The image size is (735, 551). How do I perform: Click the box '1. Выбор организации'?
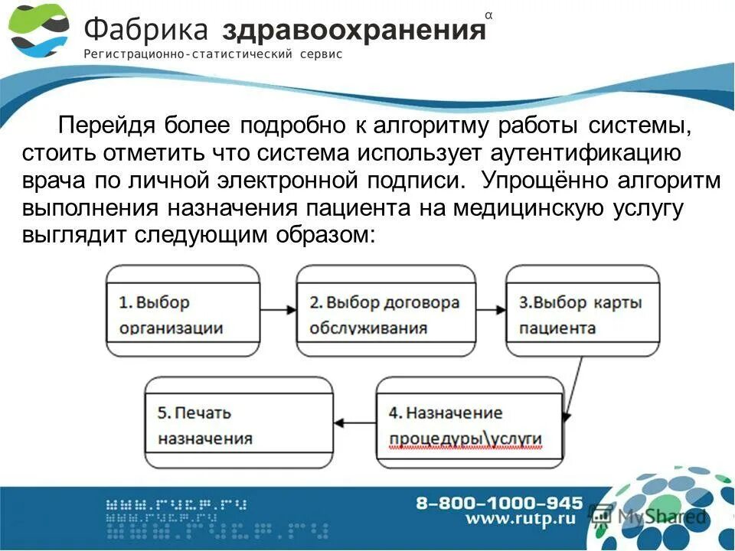pyautogui.click(x=184, y=311)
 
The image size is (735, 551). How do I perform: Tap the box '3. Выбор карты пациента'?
pyautogui.click(x=583, y=311)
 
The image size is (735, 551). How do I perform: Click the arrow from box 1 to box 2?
pyautogui.click(x=278, y=310)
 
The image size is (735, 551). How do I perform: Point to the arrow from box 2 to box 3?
pyautogui.click(x=490, y=310)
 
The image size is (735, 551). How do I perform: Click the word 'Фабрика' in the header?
pyautogui.click(x=145, y=30)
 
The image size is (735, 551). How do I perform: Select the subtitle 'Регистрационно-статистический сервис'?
pyautogui.click(x=212, y=54)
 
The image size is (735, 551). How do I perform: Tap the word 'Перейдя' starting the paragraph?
pyautogui.click(x=108, y=125)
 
